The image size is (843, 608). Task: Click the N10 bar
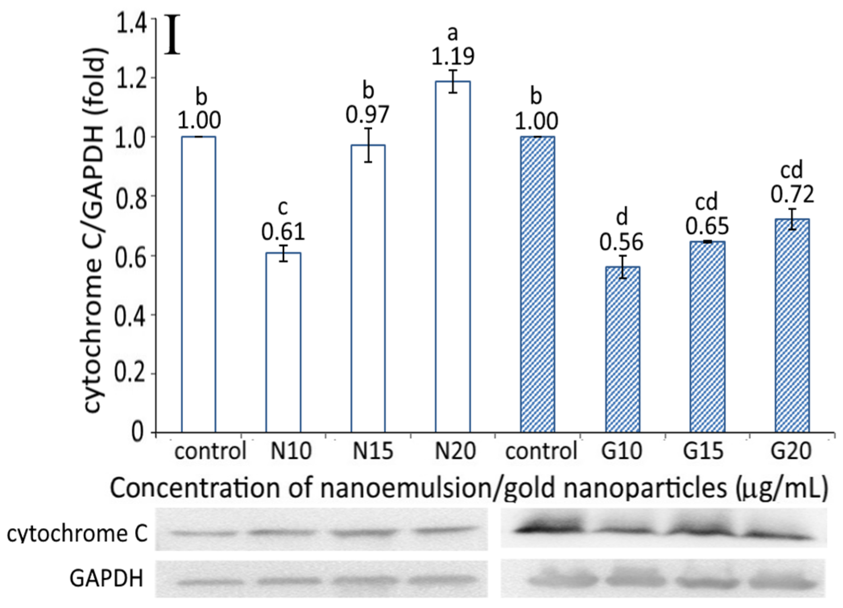(283, 342)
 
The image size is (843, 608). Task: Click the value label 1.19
(453, 57)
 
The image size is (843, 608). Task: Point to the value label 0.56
(622, 242)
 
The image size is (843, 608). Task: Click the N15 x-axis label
(373, 451)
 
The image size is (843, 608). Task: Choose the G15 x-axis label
(703, 451)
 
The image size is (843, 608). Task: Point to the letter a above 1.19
(453, 34)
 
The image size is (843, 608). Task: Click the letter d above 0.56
(622, 217)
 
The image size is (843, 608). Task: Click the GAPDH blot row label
(106, 579)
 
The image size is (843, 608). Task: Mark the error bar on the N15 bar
(368, 145)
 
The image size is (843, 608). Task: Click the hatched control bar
(537, 284)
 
